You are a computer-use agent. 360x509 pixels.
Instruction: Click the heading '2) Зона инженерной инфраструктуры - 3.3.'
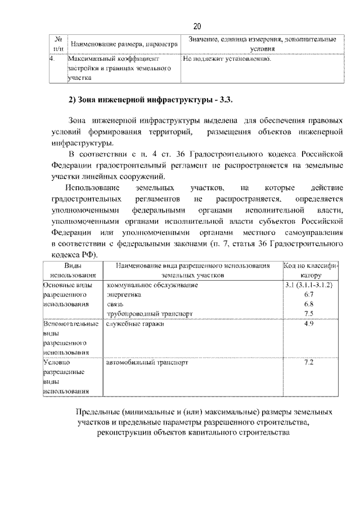click(150, 101)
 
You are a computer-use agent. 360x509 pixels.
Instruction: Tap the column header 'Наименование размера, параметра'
click(123, 44)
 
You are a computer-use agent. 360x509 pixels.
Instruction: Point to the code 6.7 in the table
click(308, 294)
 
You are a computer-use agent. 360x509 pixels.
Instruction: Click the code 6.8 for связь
click(308, 304)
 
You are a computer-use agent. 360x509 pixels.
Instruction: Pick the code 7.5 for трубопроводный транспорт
click(308, 313)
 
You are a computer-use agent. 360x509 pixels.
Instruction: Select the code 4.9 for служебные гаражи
click(308, 324)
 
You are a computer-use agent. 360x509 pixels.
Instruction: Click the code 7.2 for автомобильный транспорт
click(308, 363)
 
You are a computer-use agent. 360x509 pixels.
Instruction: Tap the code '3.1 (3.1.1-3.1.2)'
click(308, 285)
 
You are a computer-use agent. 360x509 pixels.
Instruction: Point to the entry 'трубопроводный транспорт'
click(149, 313)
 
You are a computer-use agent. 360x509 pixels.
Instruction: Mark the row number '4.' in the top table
click(52, 58)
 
